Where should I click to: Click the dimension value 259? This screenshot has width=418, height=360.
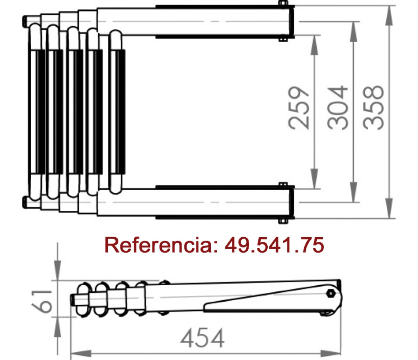point(299,108)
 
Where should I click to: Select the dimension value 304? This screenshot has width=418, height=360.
point(338,108)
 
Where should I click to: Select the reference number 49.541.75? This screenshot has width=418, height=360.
point(274,245)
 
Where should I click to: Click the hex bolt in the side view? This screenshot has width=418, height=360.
point(331,293)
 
